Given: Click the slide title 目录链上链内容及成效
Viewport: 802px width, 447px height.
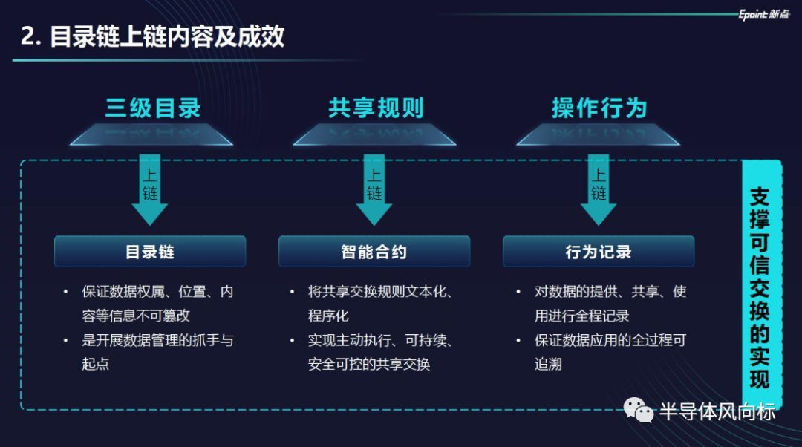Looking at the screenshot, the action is coord(153,36).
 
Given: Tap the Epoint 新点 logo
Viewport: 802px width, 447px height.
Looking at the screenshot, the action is coord(763,14).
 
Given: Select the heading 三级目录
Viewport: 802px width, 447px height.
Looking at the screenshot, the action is coord(152,108).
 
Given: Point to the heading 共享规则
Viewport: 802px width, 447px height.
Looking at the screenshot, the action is coord(375,108).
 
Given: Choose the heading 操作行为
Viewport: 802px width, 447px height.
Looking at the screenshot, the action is coord(599,108).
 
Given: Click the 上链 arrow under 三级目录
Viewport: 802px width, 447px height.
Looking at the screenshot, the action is coord(150,189).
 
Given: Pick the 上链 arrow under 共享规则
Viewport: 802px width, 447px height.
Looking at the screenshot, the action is coord(374,189).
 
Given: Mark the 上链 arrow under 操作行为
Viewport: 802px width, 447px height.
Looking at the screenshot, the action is coord(599,189).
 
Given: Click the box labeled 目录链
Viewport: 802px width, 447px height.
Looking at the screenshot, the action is coord(150,252).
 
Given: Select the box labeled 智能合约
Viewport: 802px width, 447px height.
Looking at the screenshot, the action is coord(374,252).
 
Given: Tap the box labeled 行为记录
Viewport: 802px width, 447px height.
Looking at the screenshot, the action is coord(599,252).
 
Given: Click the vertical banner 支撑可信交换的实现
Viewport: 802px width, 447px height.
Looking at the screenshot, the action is coord(761,286).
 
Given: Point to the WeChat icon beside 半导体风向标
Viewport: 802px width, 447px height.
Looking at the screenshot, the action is coord(637,410).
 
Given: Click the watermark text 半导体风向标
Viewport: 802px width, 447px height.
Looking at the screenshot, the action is coord(717,411).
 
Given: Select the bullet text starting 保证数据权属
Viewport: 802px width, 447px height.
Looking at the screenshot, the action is coord(157,304).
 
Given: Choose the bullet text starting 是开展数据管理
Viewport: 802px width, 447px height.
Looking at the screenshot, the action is coord(157,352).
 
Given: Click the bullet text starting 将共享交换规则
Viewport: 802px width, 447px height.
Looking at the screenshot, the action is coord(379,304).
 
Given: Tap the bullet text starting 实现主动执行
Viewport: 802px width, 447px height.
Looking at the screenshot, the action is coord(379,352).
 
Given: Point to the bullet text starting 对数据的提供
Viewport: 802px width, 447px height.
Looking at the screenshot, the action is coord(609,304).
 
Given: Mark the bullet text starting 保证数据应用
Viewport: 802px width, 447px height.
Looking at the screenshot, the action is coord(609,352).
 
